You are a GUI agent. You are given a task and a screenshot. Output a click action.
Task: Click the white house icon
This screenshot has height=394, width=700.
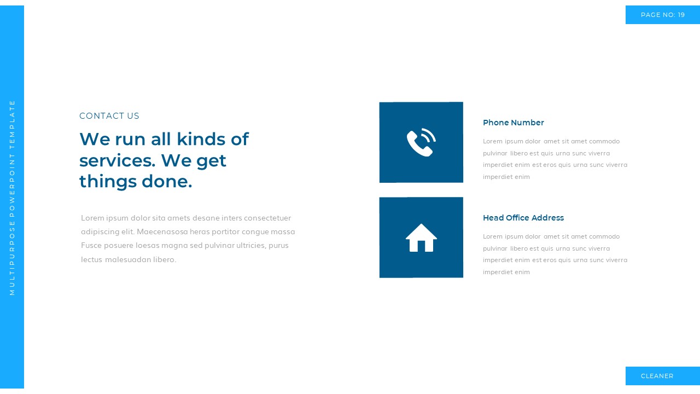(x=421, y=238)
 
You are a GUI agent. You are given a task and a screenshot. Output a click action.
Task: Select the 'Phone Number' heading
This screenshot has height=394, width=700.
(x=513, y=123)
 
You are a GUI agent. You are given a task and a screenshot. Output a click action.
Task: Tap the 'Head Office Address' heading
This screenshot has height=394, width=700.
(x=523, y=218)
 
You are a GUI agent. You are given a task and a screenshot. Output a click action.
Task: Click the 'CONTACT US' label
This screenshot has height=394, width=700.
(x=109, y=116)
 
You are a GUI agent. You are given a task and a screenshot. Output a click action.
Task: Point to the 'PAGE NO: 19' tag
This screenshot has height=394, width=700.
(x=662, y=15)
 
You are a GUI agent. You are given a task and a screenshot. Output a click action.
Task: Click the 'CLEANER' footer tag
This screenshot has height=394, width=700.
(x=657, y=376)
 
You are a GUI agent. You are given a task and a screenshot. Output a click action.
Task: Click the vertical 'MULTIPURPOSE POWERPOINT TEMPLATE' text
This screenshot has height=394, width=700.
(x=12, y=197)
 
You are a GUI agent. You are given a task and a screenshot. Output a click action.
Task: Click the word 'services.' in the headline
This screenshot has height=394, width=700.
(x=118, y=160)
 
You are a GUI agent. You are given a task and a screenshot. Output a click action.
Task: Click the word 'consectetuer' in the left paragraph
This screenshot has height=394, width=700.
(x=267, y=218)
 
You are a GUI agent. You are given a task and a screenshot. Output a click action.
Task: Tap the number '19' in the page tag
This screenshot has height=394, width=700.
(x=681, y=15)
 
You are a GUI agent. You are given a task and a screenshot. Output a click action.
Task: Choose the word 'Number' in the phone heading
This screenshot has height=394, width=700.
(x=528, y=123)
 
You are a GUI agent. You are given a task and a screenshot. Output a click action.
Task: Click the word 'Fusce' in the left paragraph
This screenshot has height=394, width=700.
(x=92, y=245)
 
